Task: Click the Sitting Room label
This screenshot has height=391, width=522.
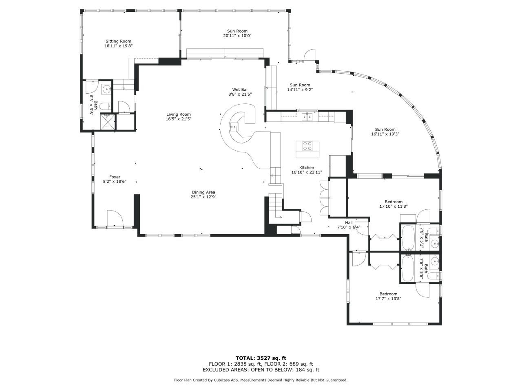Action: (118, 41)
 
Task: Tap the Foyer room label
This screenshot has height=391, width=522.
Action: (115, 177)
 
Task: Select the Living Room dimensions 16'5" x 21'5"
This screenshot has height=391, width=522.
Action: (178, 119)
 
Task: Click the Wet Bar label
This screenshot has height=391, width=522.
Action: (240, 90)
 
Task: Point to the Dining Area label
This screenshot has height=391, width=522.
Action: (203, 192)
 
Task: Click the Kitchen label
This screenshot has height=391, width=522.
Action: (307, 167)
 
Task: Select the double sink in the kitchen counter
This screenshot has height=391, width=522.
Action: (307, 117)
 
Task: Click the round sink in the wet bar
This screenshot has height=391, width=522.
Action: (234, 127)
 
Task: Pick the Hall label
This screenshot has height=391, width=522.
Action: (349, 222)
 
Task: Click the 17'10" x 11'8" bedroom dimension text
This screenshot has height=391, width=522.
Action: (394, 206)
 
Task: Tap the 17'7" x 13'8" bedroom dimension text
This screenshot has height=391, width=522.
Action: (388, 299)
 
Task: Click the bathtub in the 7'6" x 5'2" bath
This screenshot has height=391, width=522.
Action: (408, 237)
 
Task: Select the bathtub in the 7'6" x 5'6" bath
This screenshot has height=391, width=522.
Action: (408, 268)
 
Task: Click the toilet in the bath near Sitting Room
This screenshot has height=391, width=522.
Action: (105, 107)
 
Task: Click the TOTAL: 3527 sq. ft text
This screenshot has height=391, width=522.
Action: (261, 358)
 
